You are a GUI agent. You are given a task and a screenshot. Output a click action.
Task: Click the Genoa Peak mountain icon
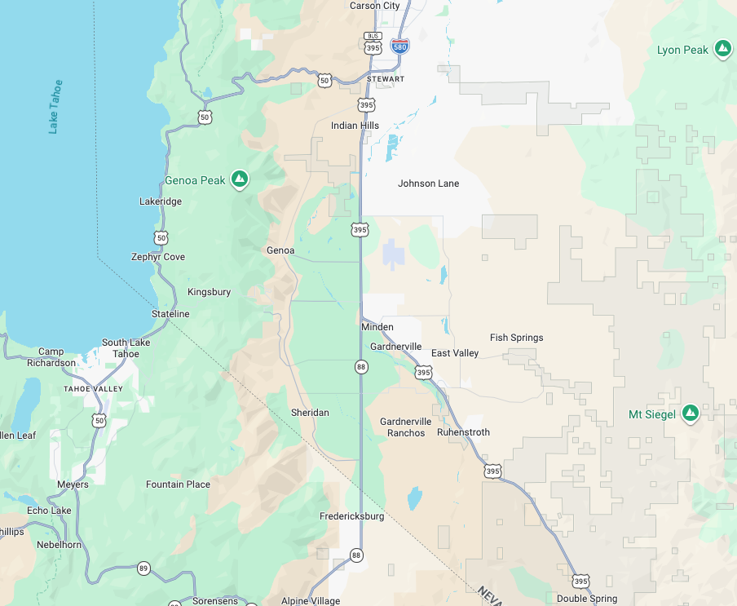click(239, 179)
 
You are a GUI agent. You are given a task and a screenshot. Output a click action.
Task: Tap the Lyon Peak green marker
click(722, 49)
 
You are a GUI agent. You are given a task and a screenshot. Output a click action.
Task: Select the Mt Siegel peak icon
click(691, 414)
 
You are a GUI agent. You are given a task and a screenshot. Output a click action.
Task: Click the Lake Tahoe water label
click(55, 107)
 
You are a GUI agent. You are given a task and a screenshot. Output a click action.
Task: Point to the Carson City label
click(375, 6)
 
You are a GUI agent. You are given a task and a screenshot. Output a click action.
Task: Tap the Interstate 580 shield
click(399, 46)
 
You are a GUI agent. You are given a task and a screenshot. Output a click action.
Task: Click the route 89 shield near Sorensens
click(143, 568)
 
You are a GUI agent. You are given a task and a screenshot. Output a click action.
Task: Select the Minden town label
click(377, 327)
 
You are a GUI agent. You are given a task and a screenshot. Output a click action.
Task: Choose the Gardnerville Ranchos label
click(406, 427)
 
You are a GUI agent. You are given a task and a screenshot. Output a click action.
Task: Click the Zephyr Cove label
click(158, 257)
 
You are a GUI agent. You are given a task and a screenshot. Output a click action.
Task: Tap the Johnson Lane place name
click(428, 184)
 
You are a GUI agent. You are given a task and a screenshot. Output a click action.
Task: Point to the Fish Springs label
click(516, 338)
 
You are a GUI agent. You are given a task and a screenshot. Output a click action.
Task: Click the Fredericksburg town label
click(351, 516)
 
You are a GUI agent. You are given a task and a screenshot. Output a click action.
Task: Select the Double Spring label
click(587, 599)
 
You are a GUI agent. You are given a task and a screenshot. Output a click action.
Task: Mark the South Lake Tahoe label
click(126, 348)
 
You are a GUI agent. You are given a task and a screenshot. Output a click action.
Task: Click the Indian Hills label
click(355, 126)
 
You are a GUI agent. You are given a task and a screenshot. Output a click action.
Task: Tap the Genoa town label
click(280, 250)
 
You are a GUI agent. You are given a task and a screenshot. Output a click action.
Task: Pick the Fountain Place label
click(178, 484)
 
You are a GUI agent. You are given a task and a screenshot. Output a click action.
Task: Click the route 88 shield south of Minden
click(360, 368)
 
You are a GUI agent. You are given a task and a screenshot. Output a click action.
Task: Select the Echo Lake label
click(49, 511)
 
